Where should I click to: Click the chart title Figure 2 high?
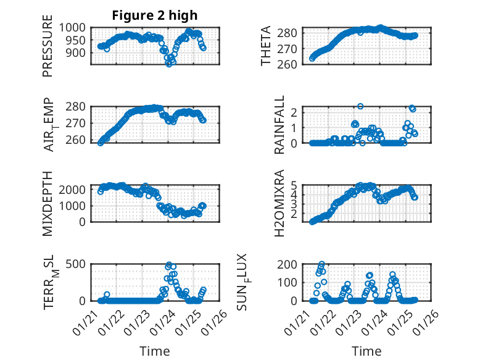(x=154, y=15)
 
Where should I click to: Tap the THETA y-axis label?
(x=266, y=46)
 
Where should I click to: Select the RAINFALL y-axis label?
(x=279, y=125)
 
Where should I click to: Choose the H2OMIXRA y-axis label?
(x=279, y=203)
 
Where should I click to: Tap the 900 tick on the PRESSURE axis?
(x=80, y=53)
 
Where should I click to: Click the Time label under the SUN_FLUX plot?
(x=366, y=351)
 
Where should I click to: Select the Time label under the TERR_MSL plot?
(x=155, y=351)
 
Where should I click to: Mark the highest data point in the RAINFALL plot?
(x=360, y=106)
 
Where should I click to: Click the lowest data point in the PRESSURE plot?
(x=168, y=64)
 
